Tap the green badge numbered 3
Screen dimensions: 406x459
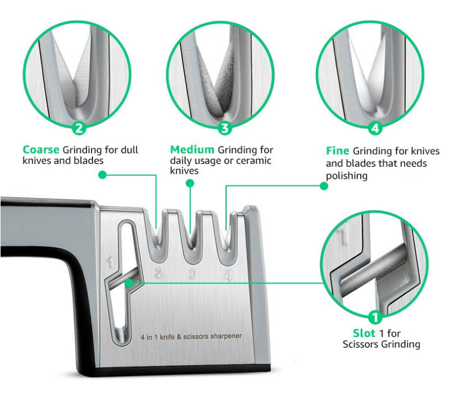(x=226, y=128)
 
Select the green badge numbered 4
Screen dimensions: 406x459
(x=374, y=128)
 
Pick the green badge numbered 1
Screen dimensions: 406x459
(x=375, y=317)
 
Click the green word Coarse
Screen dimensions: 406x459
(x=41, y=150)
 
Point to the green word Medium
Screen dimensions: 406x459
(x=193, y=150)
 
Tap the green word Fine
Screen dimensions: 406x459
(x=337, y=151)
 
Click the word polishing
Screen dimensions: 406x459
(x=347, y=176)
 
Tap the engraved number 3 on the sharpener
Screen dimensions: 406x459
(x=193, y=275)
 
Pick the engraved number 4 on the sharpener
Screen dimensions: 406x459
(x=228, y=276)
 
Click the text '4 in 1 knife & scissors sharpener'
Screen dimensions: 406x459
(x=191, y=336)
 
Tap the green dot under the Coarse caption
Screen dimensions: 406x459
(x=102, y=175)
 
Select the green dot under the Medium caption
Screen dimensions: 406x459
(x=190, y=183)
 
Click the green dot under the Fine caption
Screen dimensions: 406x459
(x=324, y=185)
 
